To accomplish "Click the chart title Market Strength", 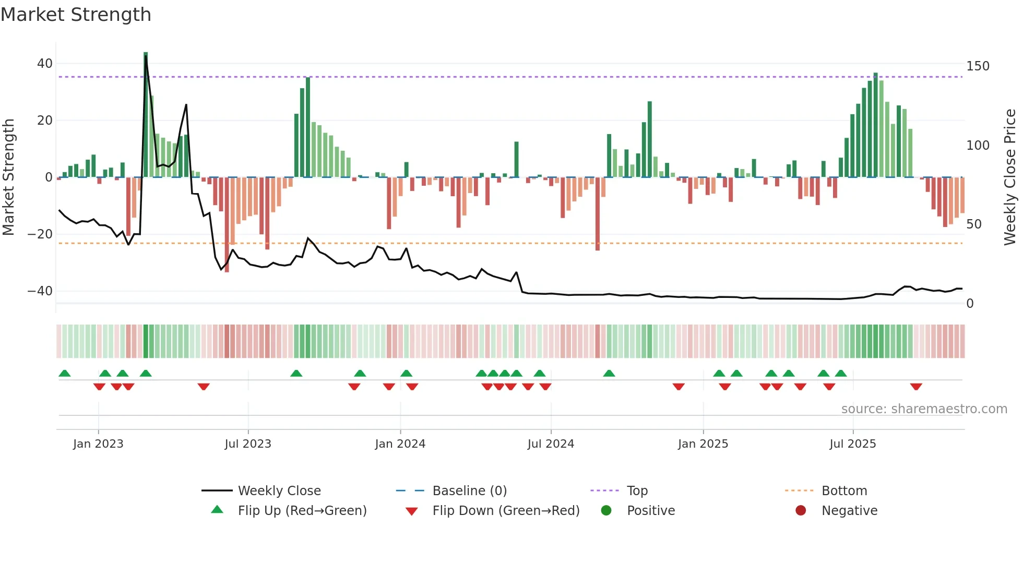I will pyautogui.click(x=76, y=15).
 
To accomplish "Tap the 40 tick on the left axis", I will pyautogui.click(x=45, y=64).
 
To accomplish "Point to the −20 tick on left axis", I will pyautogui.click(x=40, y=234).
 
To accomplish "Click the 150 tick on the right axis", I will pyautogui.click(x=978, y=66).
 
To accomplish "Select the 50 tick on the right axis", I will pyautogui.click(x=974, y=224).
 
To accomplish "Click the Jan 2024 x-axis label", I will pyautogui.click(x=400, y=444).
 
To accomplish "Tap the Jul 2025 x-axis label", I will pyautogui.click(x=852, y=444).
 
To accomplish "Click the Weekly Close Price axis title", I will pyautogui.click(x=1010, y=177).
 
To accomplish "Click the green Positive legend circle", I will pyautogui.click(x=606, y=510).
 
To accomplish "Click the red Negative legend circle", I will pyautogui.click(x=801, y=510).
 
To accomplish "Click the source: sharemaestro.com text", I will pyautogui.click(x=924, y=409).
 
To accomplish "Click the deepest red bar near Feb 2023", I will pyautogui.click(x=128, y=209).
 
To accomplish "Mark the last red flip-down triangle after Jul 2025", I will pyautogui.click(x=916, y=387).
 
